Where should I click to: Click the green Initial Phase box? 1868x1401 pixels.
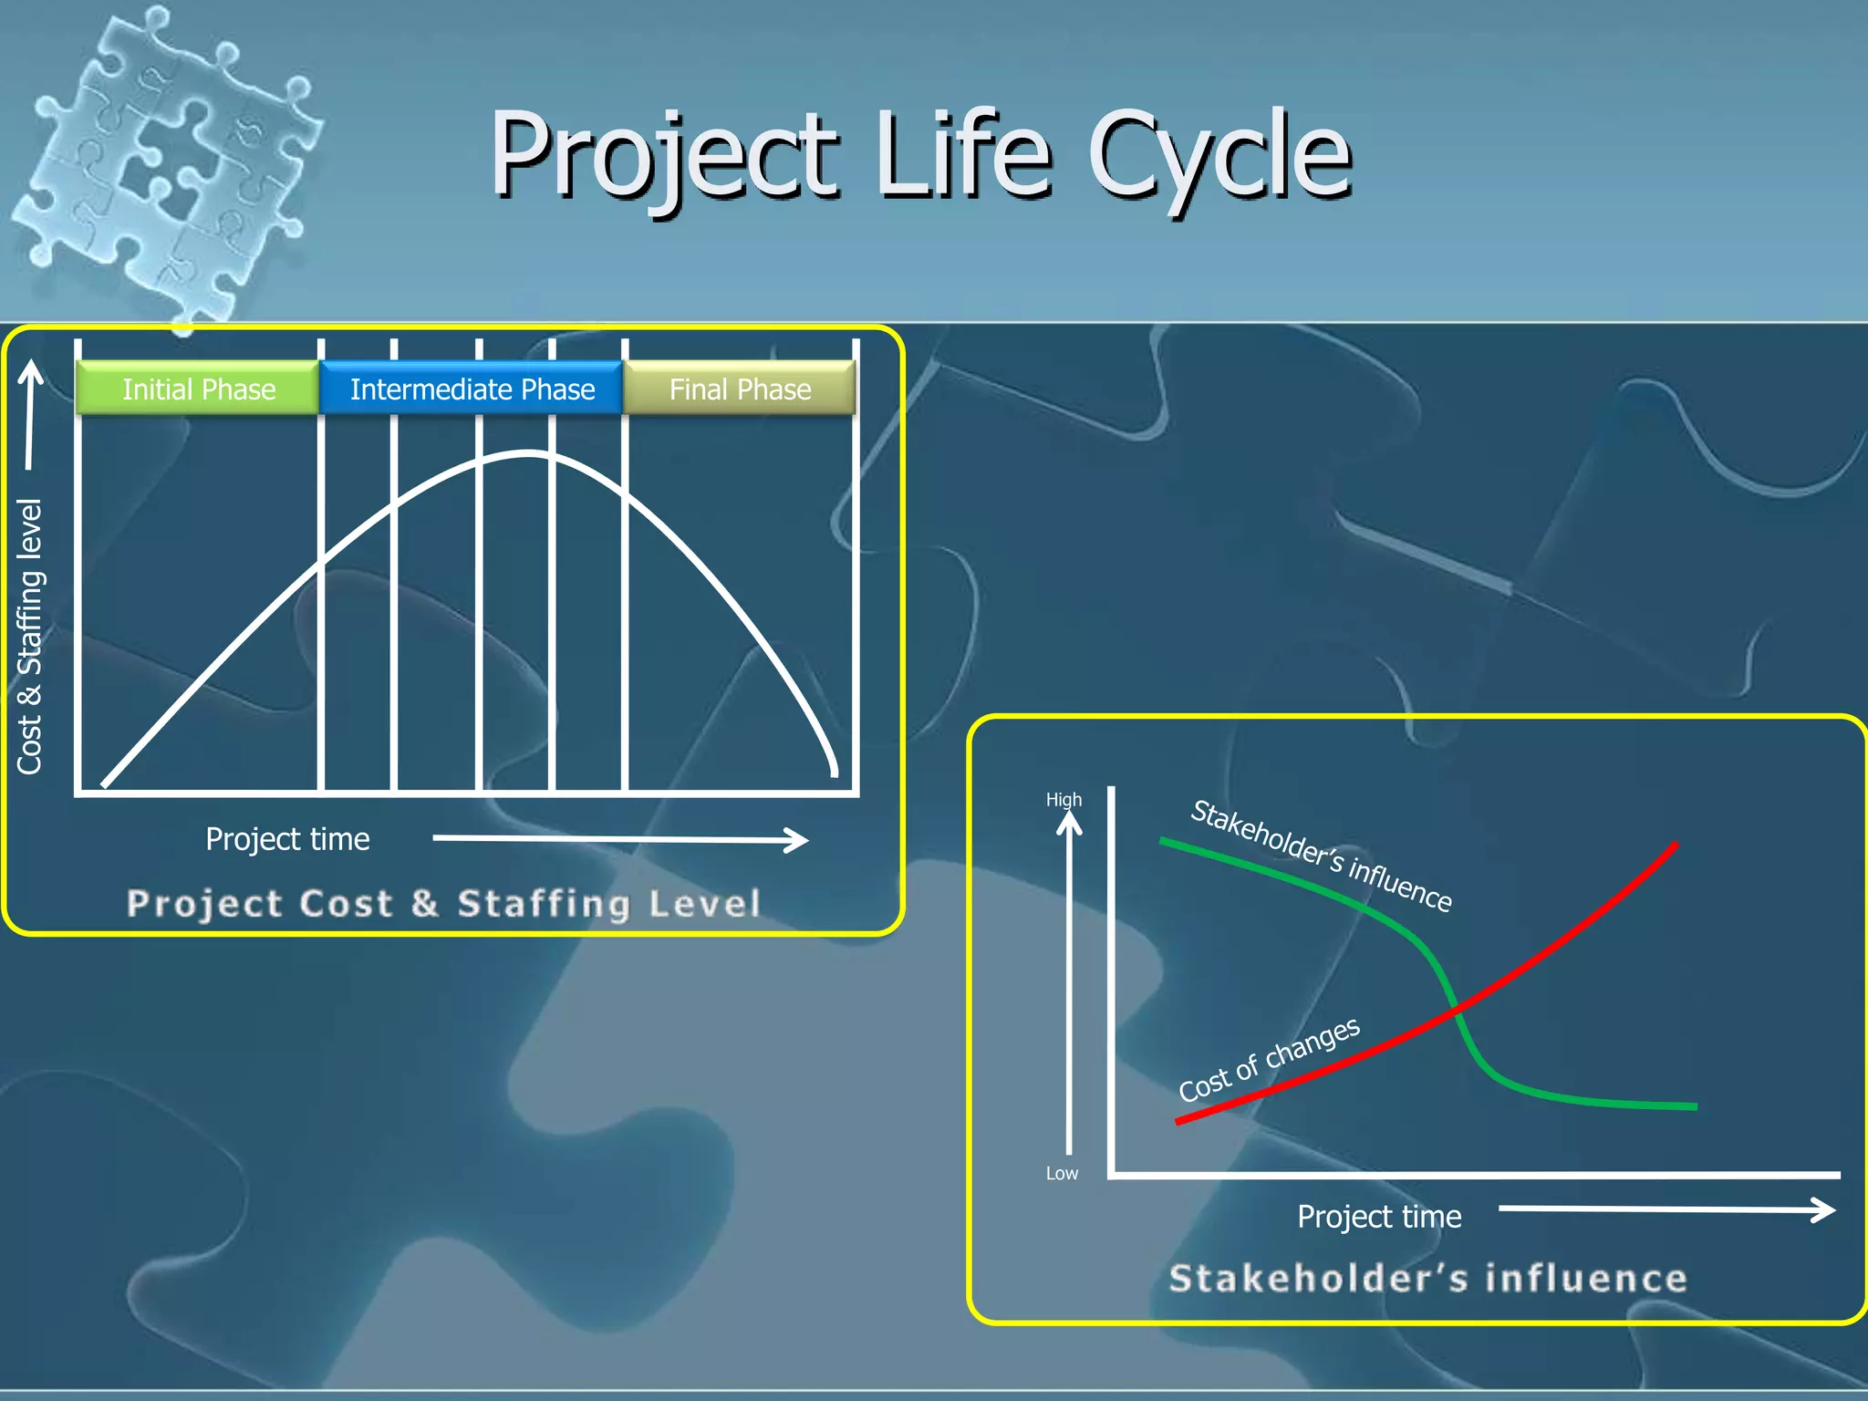click(198, 389)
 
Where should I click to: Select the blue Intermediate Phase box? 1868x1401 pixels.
click(472, 389)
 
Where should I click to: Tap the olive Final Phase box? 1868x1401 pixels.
click(740, 389)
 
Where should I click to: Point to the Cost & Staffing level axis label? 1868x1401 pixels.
click(30, 636)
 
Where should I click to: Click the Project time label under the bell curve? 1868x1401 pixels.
click(287, 839)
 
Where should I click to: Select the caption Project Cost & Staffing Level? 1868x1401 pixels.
click(443, 903)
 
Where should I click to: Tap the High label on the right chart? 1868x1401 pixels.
click(1064, 800)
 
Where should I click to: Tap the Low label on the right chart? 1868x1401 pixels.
click(1062, 1173)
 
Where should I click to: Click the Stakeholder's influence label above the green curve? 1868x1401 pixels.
click(1321, 855)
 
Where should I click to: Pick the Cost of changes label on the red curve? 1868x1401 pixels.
click(1269, 1059)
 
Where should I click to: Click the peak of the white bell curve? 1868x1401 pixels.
click(527, 452)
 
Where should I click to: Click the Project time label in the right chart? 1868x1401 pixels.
click(1379, 1217)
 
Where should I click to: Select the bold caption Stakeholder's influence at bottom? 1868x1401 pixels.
click(1427, 1278)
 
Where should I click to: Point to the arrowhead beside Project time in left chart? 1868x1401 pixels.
click(800, 840)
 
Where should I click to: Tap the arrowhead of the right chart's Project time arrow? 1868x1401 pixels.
click(1825, 1210)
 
